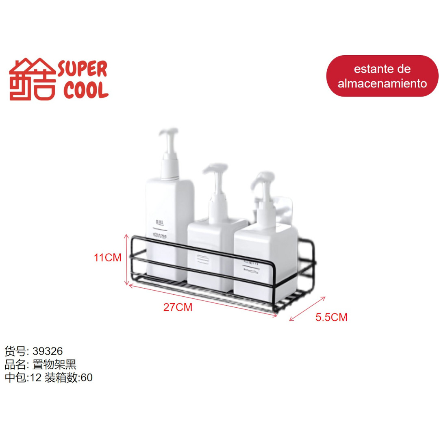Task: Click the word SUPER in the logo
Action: (x=83, y=70)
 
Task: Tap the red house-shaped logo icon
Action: (x=33, y=80)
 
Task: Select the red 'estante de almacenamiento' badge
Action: (x=382, y=76)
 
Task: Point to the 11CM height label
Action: (x=107, y=257)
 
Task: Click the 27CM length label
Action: (x=178, y=307)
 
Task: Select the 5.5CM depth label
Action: (x=331, y=317)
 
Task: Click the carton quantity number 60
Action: (x=87, y=378)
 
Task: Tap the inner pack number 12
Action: (x=35, y=378)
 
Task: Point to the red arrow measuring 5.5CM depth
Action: (x=307, y=309)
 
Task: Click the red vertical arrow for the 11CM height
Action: (x=126, y=260)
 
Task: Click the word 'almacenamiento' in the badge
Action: (x=382, y=83)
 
